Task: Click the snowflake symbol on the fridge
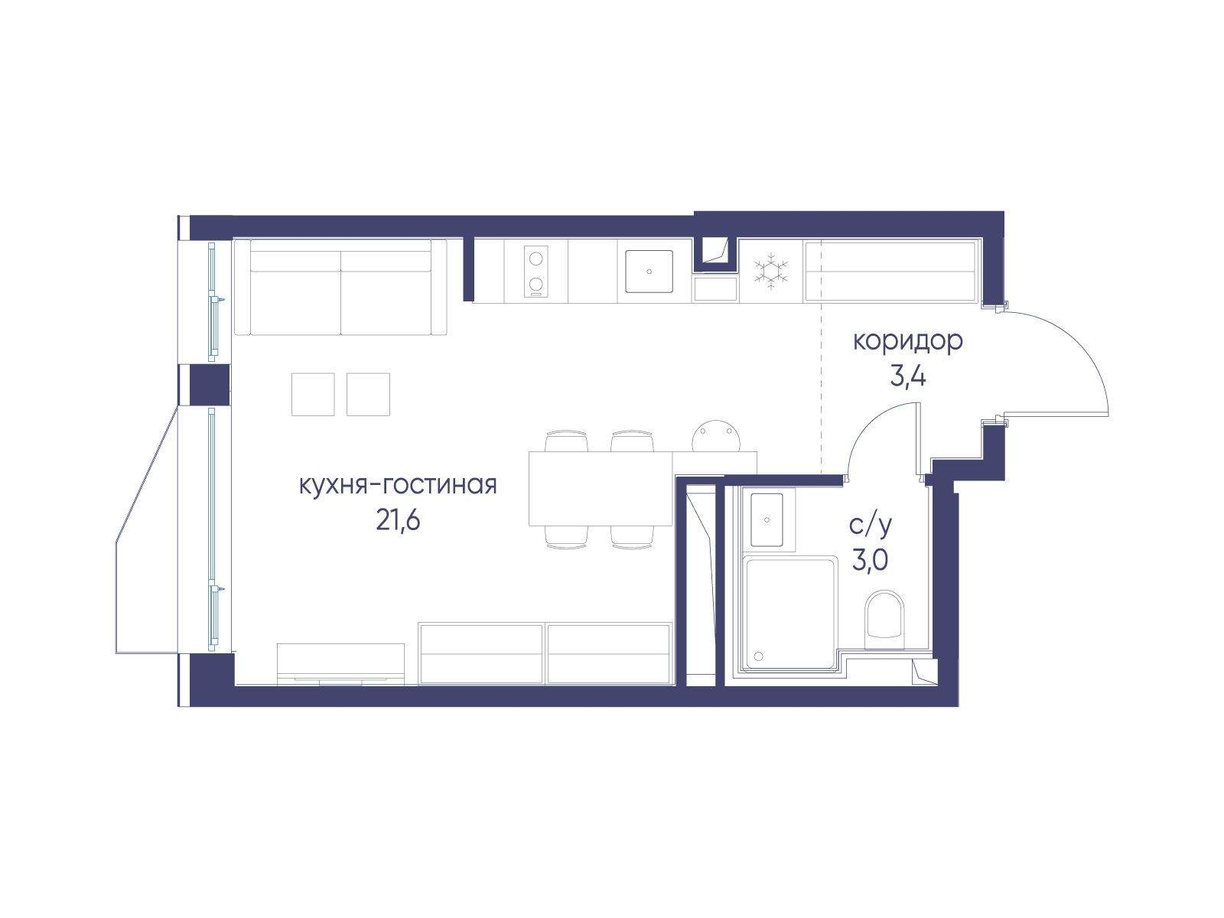(770, 272)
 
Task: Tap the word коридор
(907, 341)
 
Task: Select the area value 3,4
(907, 377)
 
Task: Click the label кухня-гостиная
(398, 485)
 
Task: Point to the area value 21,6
(398, 521)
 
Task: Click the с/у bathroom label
(870, 525)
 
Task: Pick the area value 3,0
(870, 561)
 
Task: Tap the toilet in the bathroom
(884, 620)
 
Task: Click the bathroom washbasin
(767, 519)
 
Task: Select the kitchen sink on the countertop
(649, 272)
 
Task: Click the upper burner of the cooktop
(536, 258)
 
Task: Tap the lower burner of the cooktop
(536, 285)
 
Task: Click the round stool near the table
(717, 436)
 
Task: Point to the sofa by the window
(340, 287)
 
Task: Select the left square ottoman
(313, 394)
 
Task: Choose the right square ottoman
(368, 394)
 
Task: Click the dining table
(601, 488)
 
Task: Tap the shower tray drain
(758, 656)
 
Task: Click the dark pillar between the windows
(209, 385)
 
